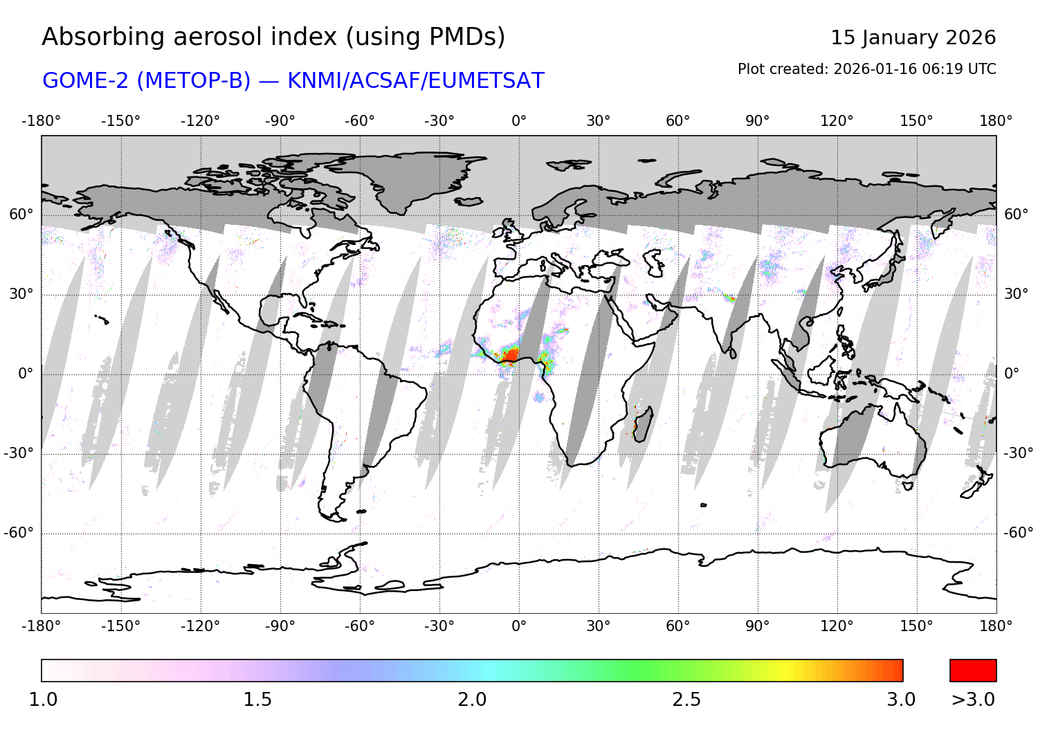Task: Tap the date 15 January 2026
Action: click(913, 37)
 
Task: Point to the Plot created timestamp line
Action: click(866, 69)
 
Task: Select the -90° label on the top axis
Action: click(280, 121)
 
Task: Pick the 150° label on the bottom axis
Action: click(916, 626)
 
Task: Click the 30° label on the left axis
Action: click(21, 294)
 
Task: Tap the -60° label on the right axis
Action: click(1018, 533)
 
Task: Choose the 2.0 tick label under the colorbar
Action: click(472, 700)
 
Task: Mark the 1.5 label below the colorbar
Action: click(257, 700)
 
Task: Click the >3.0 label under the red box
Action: click(973, 700)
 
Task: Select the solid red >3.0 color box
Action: click(973, 671)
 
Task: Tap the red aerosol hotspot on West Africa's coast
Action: click(510, 355)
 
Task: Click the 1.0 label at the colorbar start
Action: click(43, 700)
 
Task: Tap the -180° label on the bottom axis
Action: click(41, 626)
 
